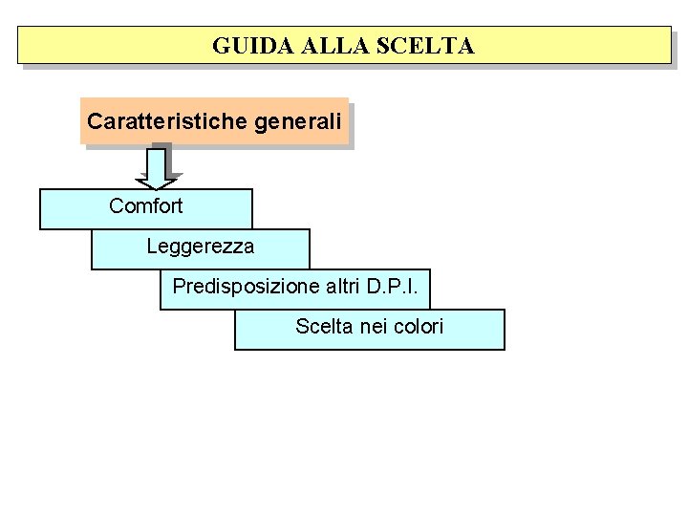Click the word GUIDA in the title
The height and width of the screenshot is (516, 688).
(x=242, y=45)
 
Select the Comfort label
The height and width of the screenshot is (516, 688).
(x=145, y=205)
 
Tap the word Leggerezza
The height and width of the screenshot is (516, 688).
(x=201, y=247)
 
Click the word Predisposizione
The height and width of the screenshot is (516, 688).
(x=246, y=286)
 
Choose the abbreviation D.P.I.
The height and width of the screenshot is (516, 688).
(x=399, y=286)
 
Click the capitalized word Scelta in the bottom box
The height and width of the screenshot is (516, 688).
(x=325, y=327)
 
